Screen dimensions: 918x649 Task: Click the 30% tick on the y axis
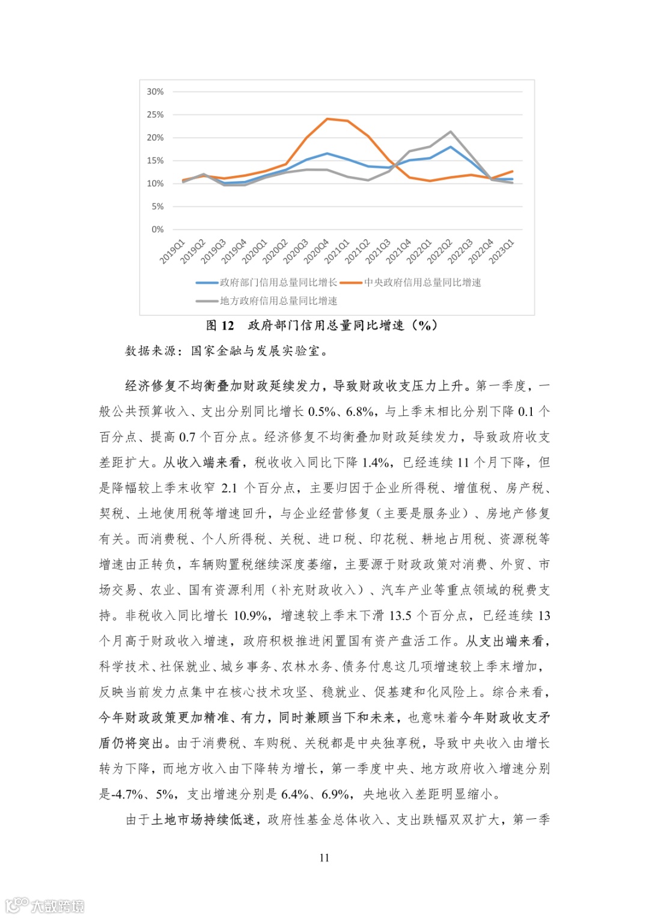pos(155,91)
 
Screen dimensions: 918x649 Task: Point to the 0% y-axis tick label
pos(157,229)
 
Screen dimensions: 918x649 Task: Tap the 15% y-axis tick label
pos(155,161)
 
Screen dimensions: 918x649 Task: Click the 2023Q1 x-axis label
pos(501,251)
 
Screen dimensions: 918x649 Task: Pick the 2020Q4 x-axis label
pos(316,251)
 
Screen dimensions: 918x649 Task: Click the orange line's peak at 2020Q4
pos(328,118)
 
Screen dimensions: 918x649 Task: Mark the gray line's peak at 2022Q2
pos(451,132)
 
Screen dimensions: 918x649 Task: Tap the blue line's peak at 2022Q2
pos(451,147)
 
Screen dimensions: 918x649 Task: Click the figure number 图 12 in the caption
pos(220,326)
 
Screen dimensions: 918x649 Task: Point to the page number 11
pos(324,858)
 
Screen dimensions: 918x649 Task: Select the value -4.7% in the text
pos(127,794)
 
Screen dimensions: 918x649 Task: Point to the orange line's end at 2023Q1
pos(513,171)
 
